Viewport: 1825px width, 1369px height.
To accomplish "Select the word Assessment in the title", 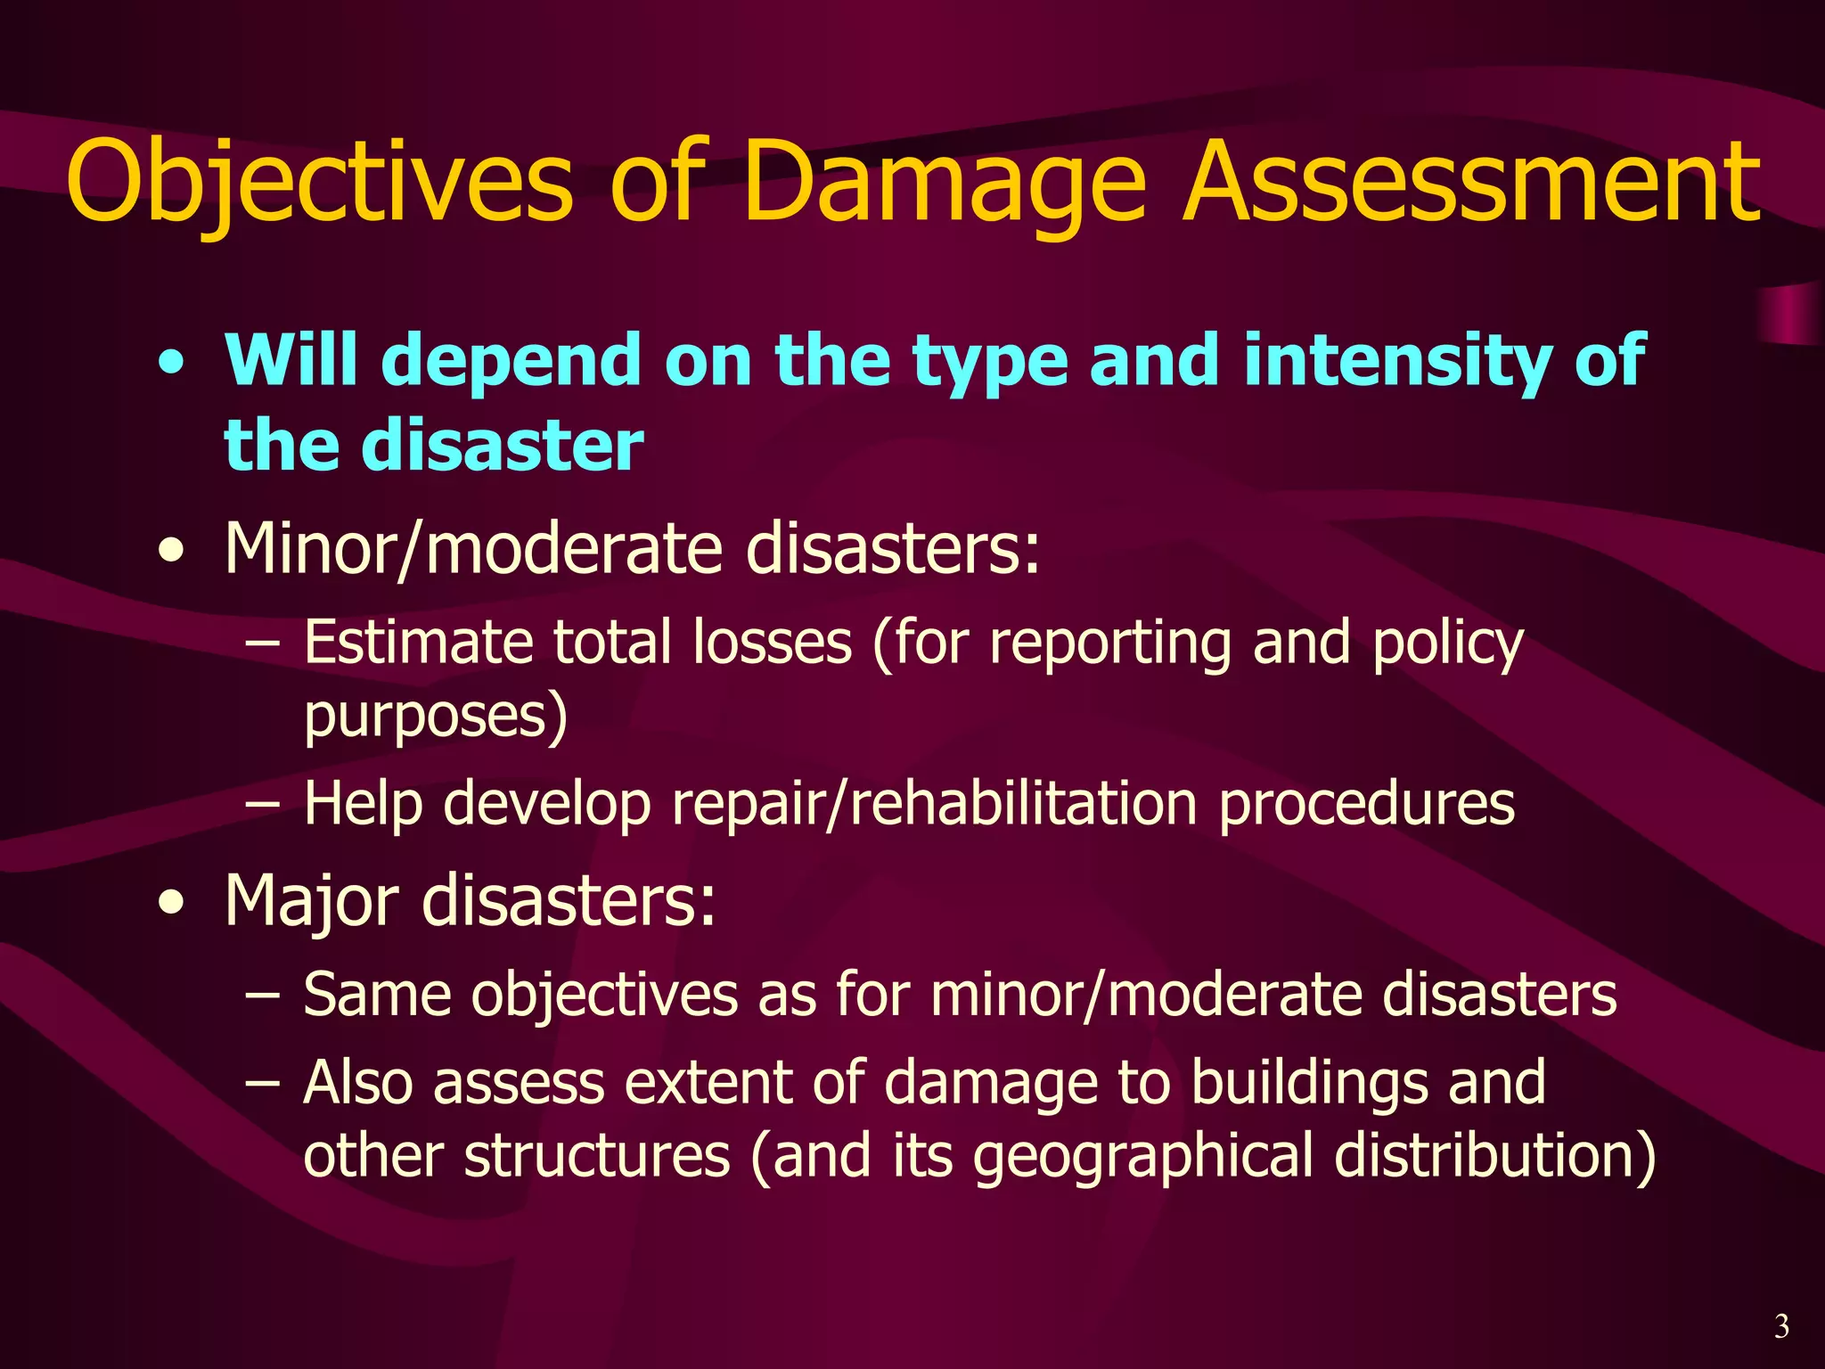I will pyautogui.click(x=1470, y=183).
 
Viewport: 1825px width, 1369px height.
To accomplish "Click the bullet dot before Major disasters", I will pyautogui.click(x=171, y=903).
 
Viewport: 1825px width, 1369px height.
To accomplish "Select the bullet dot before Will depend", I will pyautogui.click(x=171, y=364).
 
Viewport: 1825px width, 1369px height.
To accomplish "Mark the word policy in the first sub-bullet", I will pyautogui.click(x=1448, y=644).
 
